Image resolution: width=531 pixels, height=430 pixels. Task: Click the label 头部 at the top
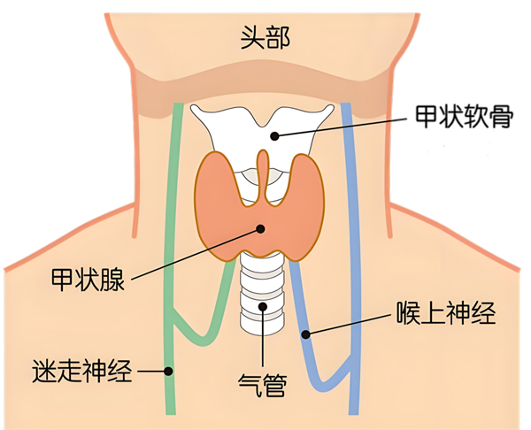point(265,38)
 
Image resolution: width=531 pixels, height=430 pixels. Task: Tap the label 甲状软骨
point(465,117)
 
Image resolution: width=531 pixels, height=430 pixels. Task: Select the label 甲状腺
point(88,280)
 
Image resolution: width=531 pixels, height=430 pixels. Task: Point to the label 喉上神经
point(446,313)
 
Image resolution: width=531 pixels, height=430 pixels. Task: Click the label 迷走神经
point(82,371)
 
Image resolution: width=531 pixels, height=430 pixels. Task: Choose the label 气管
point(263,385)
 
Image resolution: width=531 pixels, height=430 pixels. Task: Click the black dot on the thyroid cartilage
point(274,136)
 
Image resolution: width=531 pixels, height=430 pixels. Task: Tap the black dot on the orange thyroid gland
point(260,229)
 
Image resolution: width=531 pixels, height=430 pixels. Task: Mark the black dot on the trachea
point(263,307)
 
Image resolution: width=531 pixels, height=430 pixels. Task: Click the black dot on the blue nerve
point(306,334)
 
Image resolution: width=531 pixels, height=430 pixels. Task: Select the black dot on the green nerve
point(168,371)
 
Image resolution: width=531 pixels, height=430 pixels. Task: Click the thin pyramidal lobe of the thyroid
point(263,176)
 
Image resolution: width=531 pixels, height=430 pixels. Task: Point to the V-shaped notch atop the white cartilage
point(263,126)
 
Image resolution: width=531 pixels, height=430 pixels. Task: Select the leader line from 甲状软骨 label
point(341,127)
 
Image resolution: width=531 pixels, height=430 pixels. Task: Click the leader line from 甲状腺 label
point(196,255)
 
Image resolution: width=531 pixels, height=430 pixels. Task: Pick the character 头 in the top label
point(252,38)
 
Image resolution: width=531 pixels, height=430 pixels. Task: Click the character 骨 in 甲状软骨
point(502,117)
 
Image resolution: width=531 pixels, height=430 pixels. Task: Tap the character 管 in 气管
point(275,385)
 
